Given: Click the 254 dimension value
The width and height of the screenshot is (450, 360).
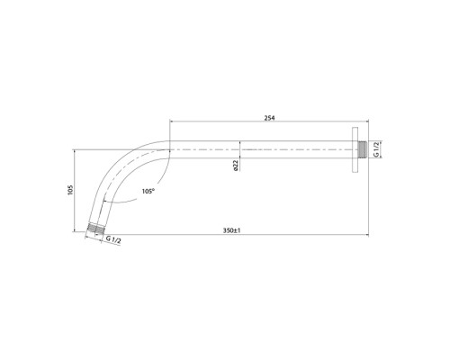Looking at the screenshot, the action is click(x=269, y=118).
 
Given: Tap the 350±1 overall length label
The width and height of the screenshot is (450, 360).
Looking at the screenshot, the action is click(x=232, y=230).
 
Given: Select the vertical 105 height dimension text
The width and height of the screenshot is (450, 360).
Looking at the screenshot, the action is click(x=70, y=190).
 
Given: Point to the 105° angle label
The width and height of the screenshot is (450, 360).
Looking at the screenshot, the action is click(x=148, y=191).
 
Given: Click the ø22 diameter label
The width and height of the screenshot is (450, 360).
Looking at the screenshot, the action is click(x=236, y=166).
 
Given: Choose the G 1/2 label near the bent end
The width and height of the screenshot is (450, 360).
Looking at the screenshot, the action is click(x=113, y=239).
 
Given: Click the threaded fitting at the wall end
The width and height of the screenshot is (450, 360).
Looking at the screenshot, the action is click(x=363, y=149).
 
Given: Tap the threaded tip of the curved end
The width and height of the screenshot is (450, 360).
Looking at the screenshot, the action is click(x=95, y=229).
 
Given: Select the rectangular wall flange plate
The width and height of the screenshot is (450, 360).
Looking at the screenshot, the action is click(x=355, y=149).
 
